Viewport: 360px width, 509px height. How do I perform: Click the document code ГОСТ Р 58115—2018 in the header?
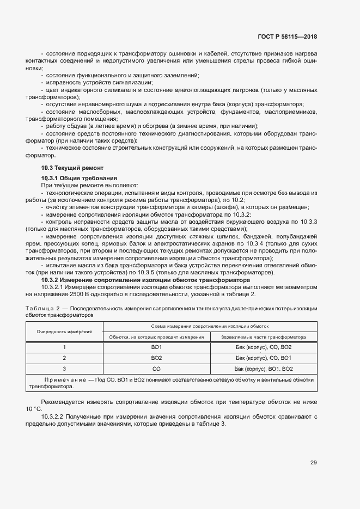click(x=287, y=36)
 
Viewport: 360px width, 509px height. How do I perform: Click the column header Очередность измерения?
click(x=64, y=331)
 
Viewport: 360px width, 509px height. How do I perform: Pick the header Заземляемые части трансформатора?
click(x=264, y=337)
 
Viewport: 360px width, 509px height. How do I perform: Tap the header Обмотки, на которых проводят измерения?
click(x=156, y=337)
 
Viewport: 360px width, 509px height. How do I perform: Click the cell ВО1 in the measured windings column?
click(x=156, y=347)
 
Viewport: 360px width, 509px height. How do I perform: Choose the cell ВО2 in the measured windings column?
click(x=156, y=358)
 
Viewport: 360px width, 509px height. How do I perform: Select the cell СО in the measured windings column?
click(x=156, y=369)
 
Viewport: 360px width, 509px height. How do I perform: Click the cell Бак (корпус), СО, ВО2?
click(x=264, y=347)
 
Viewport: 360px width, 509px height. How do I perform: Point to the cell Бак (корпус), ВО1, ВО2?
click(x=264, y=369)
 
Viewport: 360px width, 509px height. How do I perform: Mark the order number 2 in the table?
click(x=64, y=358)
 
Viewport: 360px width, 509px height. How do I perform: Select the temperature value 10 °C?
click(x=33, y=409)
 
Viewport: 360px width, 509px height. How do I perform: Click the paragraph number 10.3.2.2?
click(x=53, y=417)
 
